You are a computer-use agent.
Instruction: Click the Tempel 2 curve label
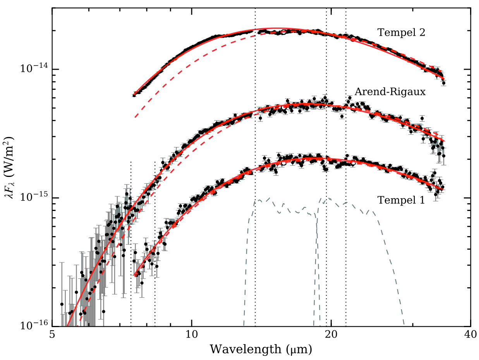(402, 33)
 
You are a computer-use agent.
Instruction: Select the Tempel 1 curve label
(401, 200)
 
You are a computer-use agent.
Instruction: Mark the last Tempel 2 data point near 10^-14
(444, 83)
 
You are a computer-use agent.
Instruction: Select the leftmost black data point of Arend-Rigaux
(62, 304)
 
